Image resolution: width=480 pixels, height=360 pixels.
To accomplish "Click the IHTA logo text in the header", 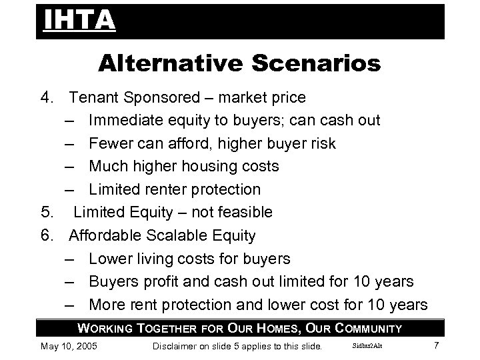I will point(79,21).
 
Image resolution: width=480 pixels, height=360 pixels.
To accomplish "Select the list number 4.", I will point(46,98).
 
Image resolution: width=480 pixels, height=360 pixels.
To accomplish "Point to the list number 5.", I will point(46,213).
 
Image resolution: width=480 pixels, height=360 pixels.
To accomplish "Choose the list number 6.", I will point(46,235).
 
